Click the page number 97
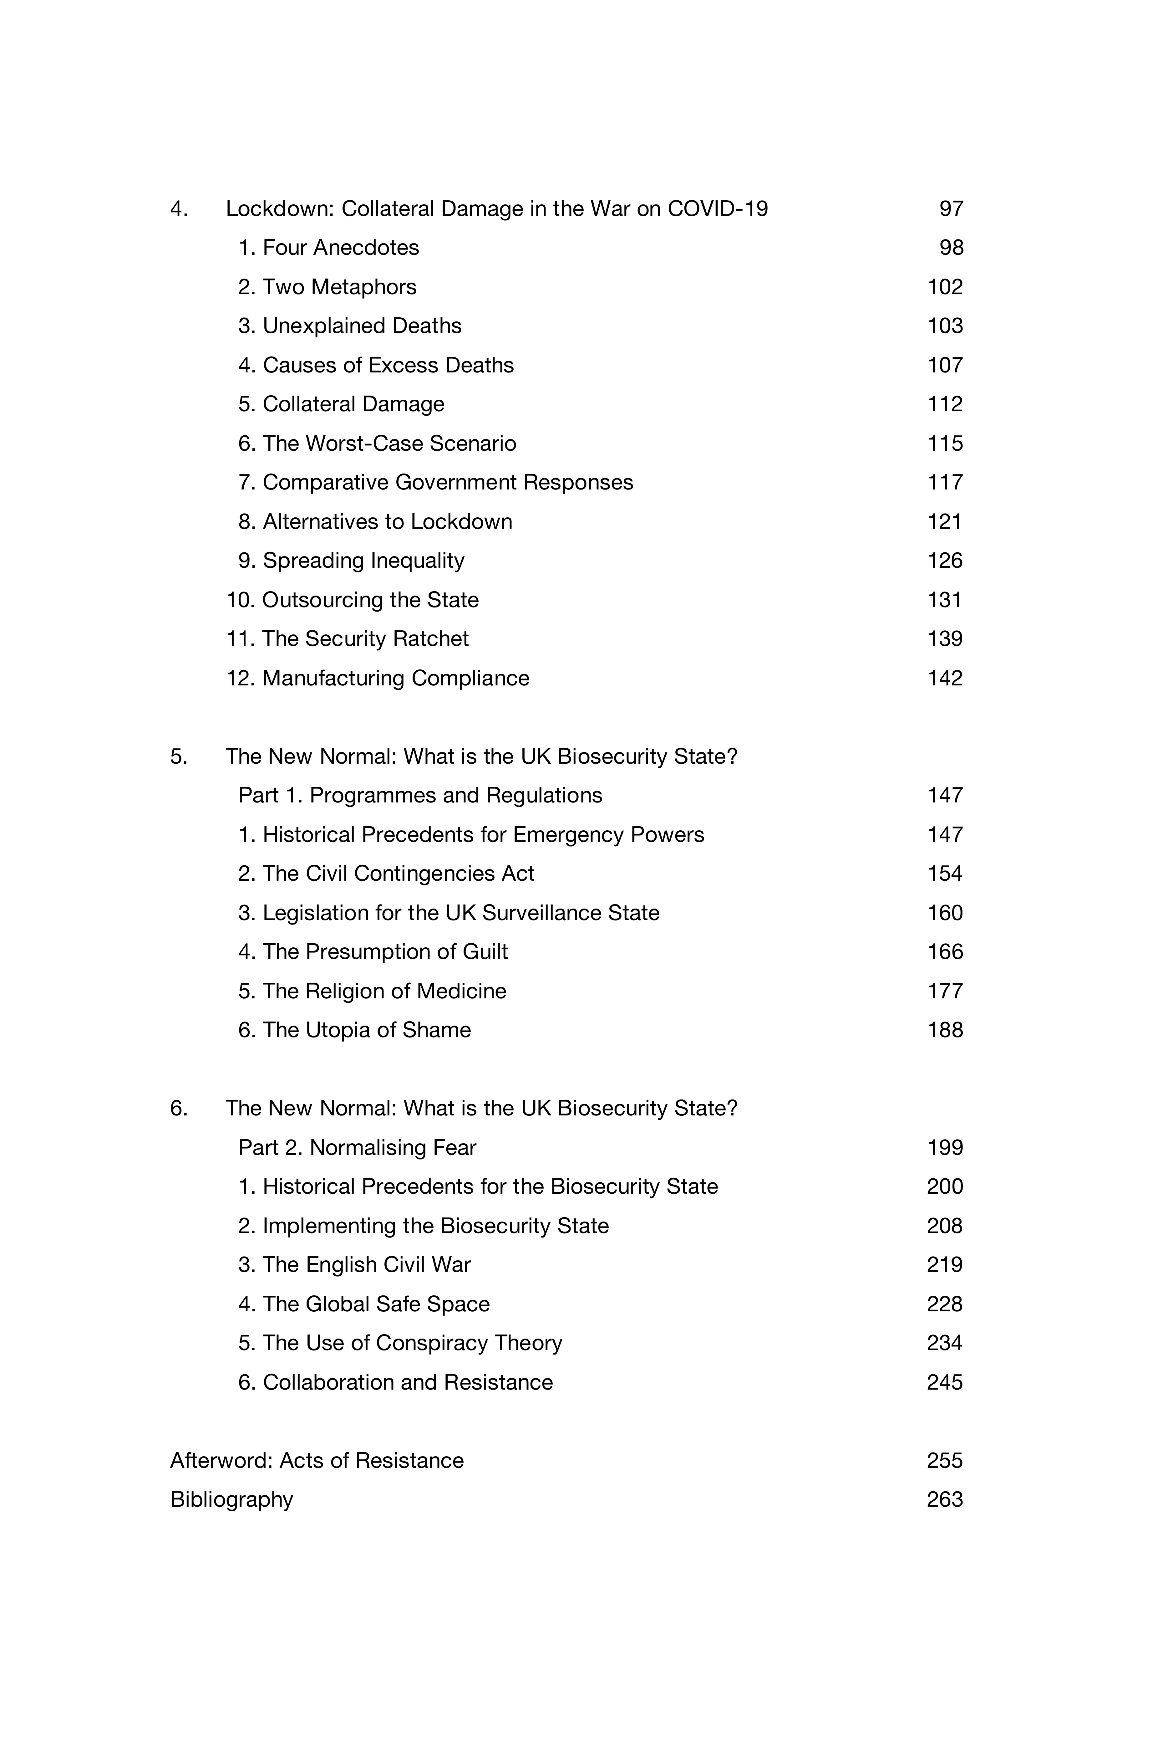click(x=950, y=208)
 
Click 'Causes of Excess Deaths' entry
click(x=388, y=365)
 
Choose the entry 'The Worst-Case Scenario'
click(x=388, y=443)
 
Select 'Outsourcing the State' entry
click(x=370, y=599)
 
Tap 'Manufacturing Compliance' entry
click(x=395, y=678)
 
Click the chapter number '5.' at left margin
click(x=179, y=756)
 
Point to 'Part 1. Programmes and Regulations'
click(x=420, y=795)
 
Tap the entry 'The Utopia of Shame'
click(x=366, y=1030)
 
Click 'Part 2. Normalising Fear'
click(x=357, y=1147)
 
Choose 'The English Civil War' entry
click(x=366, y=1265)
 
